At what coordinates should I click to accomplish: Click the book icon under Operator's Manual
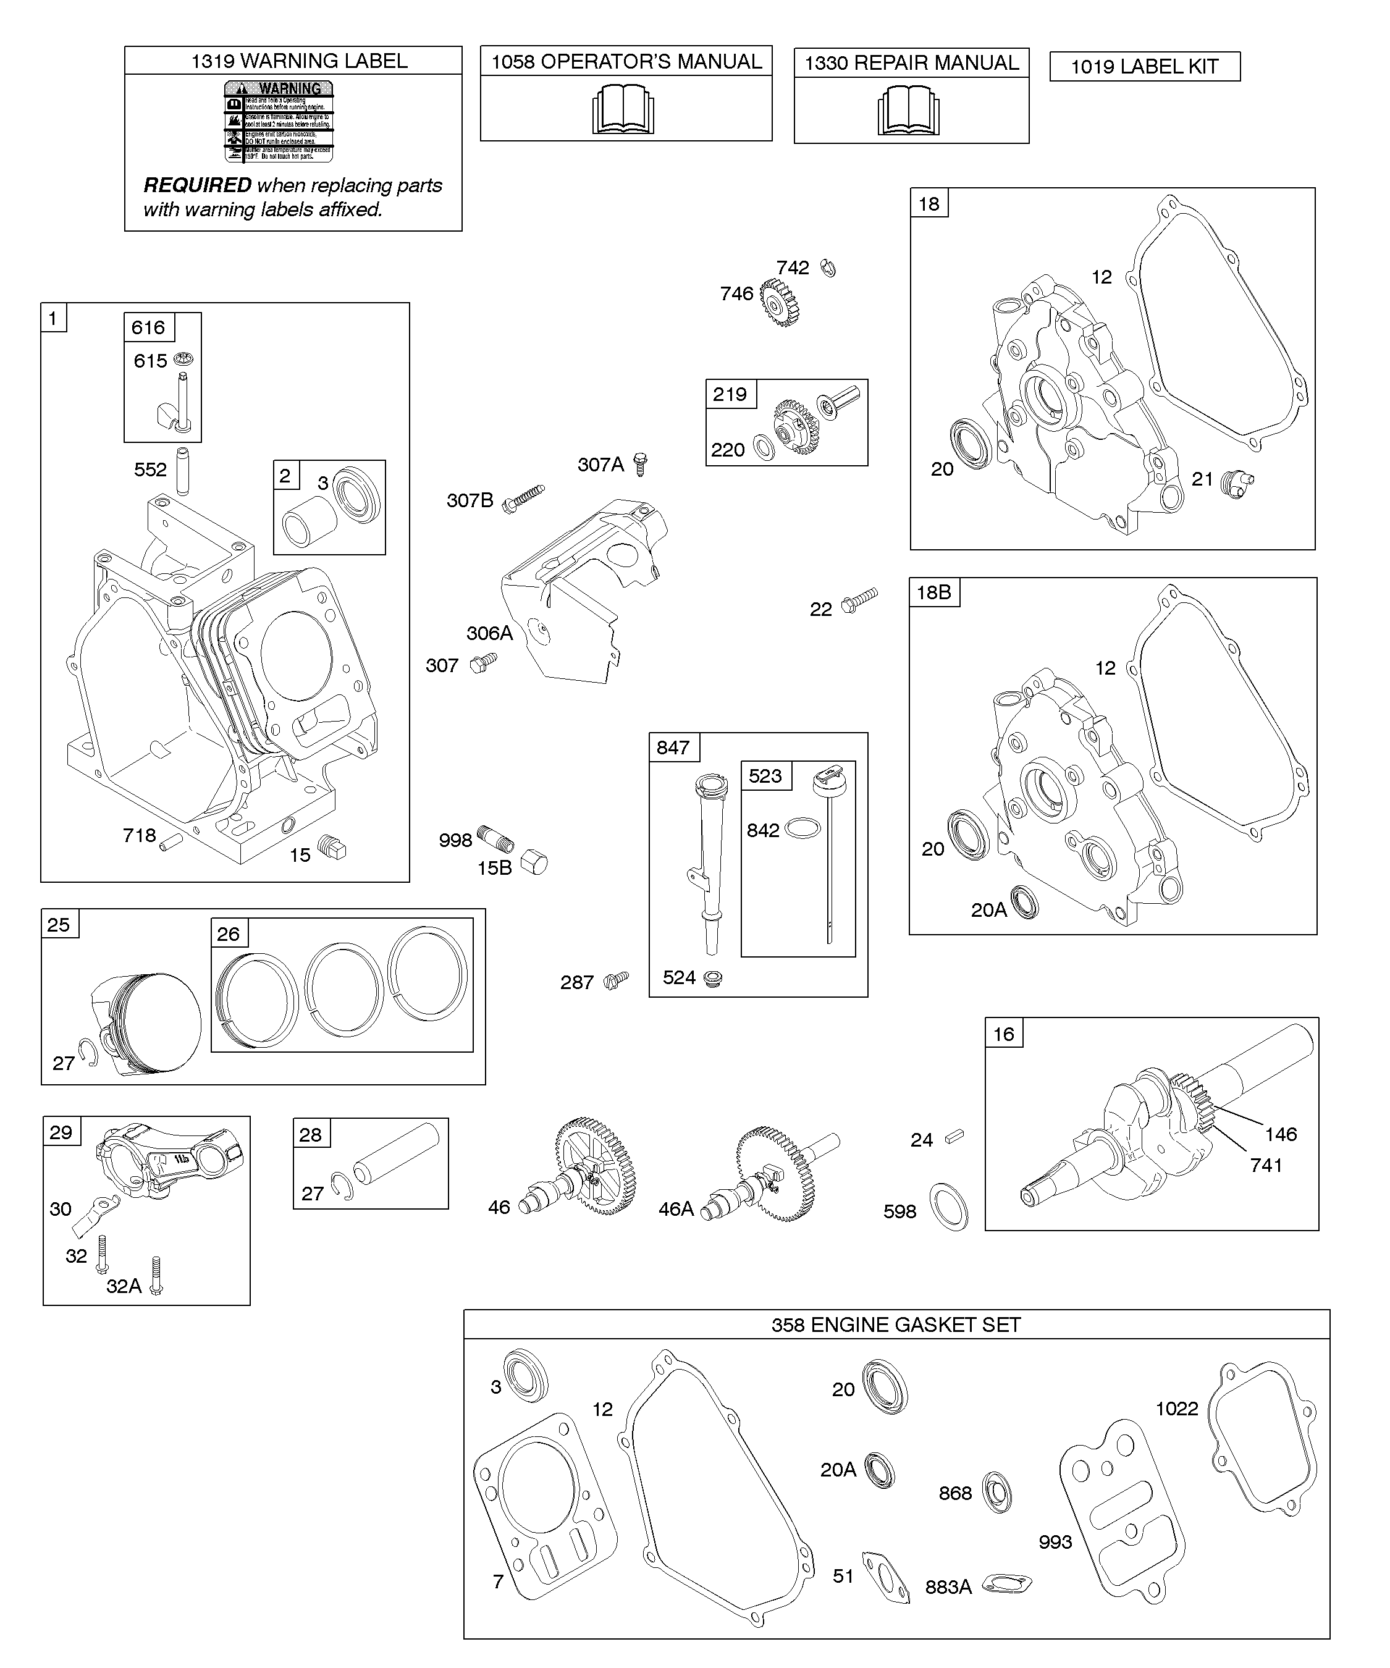623,111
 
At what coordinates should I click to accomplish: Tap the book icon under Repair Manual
909,111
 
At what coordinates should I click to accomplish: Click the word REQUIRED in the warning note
197,185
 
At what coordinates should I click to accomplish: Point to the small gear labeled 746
778,302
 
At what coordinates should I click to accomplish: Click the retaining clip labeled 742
828,269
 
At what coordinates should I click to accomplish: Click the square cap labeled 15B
534,862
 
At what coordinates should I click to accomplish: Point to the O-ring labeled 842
802,828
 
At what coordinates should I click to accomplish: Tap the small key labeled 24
953,1137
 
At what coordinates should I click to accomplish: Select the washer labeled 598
948,1206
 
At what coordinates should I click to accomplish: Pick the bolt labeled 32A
156,1276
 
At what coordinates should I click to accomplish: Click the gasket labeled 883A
1006,1584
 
